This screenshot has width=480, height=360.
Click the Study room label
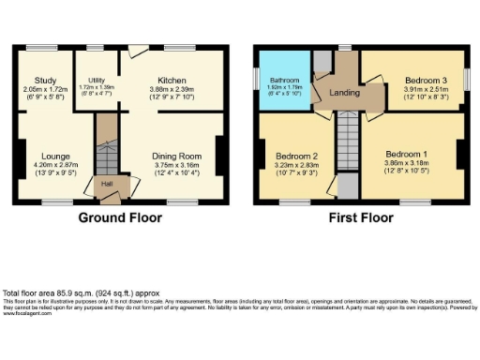pyautogui.click(x=45, y=81)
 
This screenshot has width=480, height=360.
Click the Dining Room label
pyautogui.click(x=177, y=156)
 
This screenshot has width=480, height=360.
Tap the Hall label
pyautogui.click(x=107, y=184)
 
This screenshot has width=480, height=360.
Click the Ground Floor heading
pyautogui.click(x=120, y=217)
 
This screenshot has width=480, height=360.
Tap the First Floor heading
pyautogui.click(x=359, y=217)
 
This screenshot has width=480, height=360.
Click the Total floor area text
pyautogui.click(x=56, y=292)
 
